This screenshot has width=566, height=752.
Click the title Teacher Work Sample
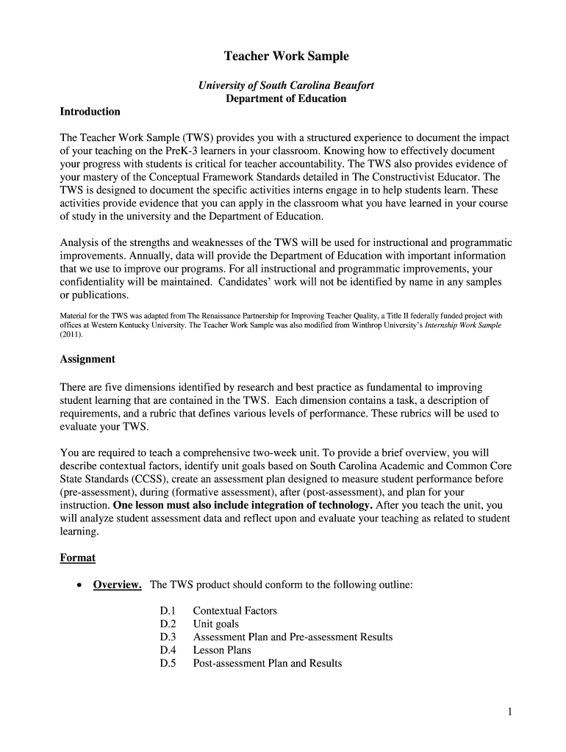tap(286, 57)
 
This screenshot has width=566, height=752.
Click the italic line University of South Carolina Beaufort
tap(286, 85)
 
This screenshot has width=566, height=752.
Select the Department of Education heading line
tap(286, 98)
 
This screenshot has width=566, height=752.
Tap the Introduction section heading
tap(90, 112)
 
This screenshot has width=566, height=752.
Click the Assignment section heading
tap(87, 359)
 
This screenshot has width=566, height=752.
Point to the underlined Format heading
tap(77, 557)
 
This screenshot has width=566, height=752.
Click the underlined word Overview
tap(117, 585)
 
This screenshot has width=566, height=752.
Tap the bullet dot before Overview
tap(78, 585)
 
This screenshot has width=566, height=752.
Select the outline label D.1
tap(168, 611)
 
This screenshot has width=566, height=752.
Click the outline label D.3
tap(168, 637)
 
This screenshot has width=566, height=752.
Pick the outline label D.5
tap(168, 663)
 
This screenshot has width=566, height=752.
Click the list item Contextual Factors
tap(234, 611)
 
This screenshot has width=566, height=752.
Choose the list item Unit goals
tap(215, 624)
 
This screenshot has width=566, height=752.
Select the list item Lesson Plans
tap(222, 650)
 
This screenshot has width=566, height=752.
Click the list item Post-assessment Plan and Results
tap(267, 663)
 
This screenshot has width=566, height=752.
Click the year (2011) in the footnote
tap(71, 334)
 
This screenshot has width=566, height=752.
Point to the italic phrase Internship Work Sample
tap(463, 325)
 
